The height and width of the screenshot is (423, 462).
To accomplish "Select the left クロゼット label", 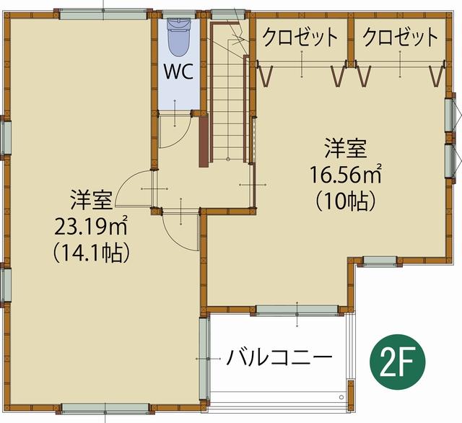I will (x=300, y=36).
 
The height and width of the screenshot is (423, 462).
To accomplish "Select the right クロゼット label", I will (x=400, y=36).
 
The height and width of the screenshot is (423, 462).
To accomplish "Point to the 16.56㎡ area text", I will (x=345, y=175).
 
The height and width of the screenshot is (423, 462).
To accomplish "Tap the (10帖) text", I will (x=345, y=199).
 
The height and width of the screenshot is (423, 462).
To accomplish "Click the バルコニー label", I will (x=279, y=357).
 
